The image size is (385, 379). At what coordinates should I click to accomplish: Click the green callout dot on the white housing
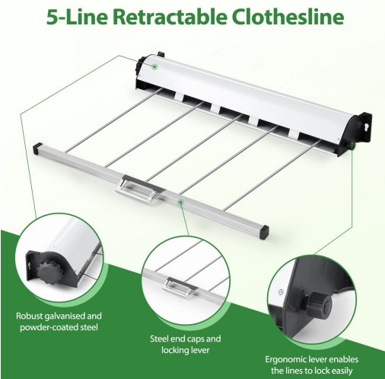[154, 67]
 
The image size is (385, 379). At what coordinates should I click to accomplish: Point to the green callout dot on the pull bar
[181, 202]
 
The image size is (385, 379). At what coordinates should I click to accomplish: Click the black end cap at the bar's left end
[37, 147]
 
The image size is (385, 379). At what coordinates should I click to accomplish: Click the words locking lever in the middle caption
[186, 350]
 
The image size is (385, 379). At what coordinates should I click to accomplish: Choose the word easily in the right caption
[341, 371]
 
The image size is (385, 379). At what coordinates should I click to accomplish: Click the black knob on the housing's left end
[139, 67]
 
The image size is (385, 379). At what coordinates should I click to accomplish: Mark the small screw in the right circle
[280, 291]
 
